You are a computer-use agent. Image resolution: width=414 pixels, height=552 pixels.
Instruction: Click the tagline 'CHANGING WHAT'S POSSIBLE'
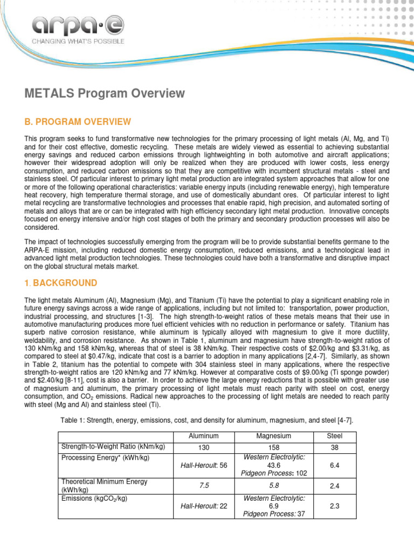78,41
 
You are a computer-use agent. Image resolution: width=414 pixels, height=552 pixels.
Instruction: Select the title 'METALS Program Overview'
105,94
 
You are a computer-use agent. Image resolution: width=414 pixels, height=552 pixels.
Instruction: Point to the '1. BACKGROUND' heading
60,283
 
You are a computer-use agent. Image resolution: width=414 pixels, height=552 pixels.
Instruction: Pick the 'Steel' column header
334,436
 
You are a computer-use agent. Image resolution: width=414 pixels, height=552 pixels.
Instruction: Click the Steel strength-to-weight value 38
334,447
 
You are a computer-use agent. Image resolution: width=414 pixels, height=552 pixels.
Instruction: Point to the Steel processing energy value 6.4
334,465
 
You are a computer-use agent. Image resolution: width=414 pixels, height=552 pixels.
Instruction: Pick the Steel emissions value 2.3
334,506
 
